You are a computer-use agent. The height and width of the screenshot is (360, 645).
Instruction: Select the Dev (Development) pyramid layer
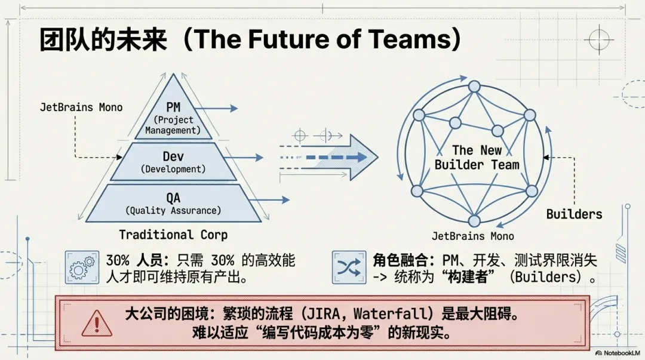(x=173, y=161)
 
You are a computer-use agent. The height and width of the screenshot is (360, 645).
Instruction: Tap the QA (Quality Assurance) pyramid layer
(x=173, y=203)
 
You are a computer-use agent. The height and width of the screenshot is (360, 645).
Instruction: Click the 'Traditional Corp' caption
(x=173, y=235)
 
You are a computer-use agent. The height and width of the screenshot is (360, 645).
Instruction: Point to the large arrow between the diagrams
(x=334, y=158)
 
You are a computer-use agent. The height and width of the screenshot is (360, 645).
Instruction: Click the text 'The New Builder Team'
(x=477, y=158)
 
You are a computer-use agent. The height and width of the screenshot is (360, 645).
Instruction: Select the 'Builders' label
(x=574, y=214)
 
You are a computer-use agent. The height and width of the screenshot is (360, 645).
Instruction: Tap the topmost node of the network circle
(x=474, y=87)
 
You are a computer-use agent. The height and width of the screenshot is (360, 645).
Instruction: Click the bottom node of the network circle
(x=474, y=221)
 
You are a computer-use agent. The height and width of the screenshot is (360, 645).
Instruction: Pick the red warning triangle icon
(x=93, y=323)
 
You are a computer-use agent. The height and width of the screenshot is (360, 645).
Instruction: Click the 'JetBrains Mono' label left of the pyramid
(x=81, y=107)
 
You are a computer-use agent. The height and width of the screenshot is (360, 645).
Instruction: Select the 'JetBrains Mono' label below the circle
(x=473, y=236)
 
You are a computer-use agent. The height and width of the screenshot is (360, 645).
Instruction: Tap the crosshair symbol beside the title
(x=598, y=40)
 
